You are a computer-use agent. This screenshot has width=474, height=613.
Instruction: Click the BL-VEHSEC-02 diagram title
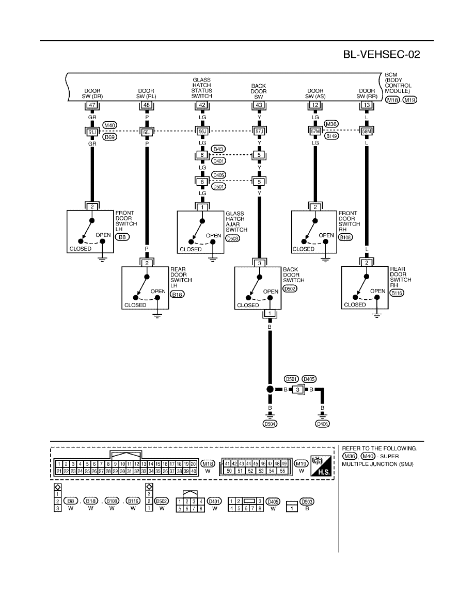381,54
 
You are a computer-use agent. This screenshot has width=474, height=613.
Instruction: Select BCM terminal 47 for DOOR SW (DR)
92,105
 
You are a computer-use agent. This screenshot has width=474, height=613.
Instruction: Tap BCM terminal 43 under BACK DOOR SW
259,105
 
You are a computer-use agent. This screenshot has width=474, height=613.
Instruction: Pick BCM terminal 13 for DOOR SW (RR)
367,105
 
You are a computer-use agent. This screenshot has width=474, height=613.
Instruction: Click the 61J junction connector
92,132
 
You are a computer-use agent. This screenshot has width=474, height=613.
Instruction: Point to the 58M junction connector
367,132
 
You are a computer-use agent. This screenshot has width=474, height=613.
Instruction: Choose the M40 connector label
110,125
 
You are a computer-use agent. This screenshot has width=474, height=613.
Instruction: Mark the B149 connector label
331,136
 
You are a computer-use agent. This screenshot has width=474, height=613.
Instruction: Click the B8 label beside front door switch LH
122,237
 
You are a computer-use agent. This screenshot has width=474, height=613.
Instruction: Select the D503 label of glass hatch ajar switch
233,238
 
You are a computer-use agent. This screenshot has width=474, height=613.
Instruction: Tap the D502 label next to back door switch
290,288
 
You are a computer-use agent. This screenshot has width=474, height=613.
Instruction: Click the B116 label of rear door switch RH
397,293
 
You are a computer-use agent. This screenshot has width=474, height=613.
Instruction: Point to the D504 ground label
270,424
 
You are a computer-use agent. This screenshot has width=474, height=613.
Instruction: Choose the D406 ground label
322,424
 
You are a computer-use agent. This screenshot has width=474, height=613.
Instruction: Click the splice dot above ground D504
270,390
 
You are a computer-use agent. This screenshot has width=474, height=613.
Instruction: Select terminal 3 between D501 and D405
297,390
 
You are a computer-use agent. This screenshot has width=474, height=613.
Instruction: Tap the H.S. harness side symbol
321,466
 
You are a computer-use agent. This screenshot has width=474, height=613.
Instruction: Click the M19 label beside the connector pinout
301,464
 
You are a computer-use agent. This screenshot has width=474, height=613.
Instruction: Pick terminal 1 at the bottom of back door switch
270,313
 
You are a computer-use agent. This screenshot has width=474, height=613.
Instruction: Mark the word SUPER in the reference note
389,456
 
